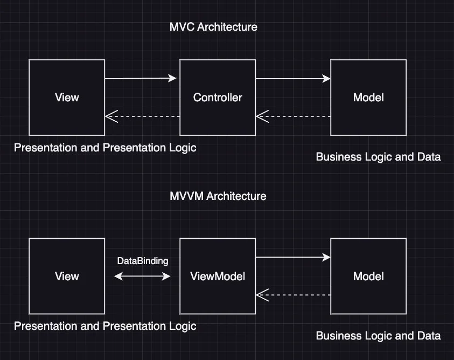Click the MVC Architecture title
[x=213, y=26]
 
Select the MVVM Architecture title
[x=218, y=196]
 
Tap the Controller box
[x=218, y=98]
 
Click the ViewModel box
[x=218, y=276]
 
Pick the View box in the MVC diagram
[x=67, y=98]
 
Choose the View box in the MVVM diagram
[x=67, y=276]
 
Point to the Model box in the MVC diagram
[x=368, y=98]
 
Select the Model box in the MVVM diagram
[x=368, y=276]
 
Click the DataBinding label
[x=143, y=261]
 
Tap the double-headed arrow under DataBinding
[x=142, y=276]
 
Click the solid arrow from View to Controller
[x=141, y=79]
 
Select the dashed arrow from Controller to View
[x=142, y=116]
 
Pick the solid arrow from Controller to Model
[x=292, y=79]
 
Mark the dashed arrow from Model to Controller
[x=293, y=116]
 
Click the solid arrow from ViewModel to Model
[x=292, y=258]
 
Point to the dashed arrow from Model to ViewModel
[x=293, y=295]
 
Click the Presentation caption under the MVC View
[x=105, y=148]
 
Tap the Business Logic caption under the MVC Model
[x=378, y=157]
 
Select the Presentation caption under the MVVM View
[x=105, y=326]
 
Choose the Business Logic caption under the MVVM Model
[x=378, y=336]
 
